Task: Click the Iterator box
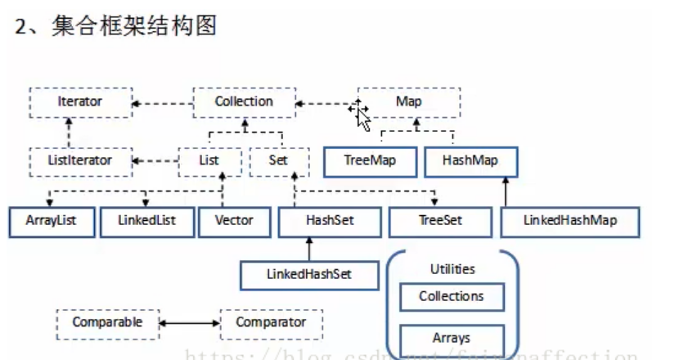79,102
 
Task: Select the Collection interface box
243,102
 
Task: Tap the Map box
408,102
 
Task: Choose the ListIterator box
79,161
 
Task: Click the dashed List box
209,161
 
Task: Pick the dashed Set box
278,161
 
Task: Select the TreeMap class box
371,161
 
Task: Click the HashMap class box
471,161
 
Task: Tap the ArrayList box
52,222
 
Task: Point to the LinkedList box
147,222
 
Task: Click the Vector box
234,222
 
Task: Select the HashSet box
330,222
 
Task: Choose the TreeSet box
440,222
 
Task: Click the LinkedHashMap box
569,222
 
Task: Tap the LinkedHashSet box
309,275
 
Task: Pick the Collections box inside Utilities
452,297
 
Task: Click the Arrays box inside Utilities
452,338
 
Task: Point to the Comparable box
107,323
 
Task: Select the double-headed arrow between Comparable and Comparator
190,324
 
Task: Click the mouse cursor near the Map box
361,115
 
